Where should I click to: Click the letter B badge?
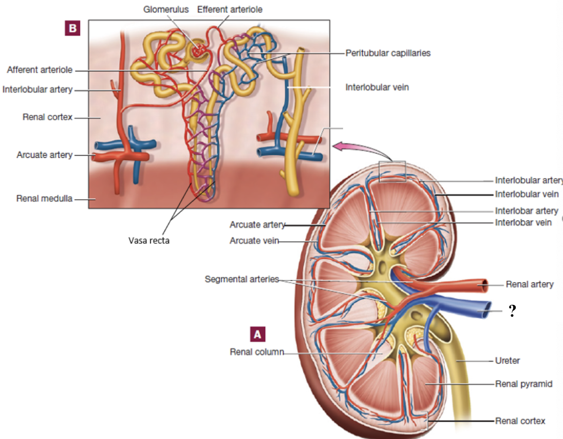pyautogui.click(x=72, y=28)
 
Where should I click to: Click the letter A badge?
pyautogui.click(x=258, y=334)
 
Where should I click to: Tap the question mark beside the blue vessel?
pyautogui.click(x=512, y=310)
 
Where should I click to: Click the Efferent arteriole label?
pyautogui.click(x=230, y=9)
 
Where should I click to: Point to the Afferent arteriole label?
pyautogui.click(x=40, y=70)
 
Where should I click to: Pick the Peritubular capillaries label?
pyautogui.click(x=388, y=52)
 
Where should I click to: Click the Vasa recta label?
pyautogui.click(x=149, y=241)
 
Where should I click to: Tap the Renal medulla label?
pyautogui.click(x=45, y=198)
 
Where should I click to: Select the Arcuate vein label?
pyautogui.click(x=254, y=241)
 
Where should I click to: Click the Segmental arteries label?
pyautogui.click(x=241, y=279)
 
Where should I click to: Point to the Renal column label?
pyautogui.click(x=257, y=352)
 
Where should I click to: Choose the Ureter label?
pyautogui.click(x=508, y=360)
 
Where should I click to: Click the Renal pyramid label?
pyautogui.click(x=523, y=383)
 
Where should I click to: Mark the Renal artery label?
pyautogui.click(x=530, y=284)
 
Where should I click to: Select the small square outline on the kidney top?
pyautogui.click(x=392, y=171)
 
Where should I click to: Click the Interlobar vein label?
pyautogui.click(x=523, y=223)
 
